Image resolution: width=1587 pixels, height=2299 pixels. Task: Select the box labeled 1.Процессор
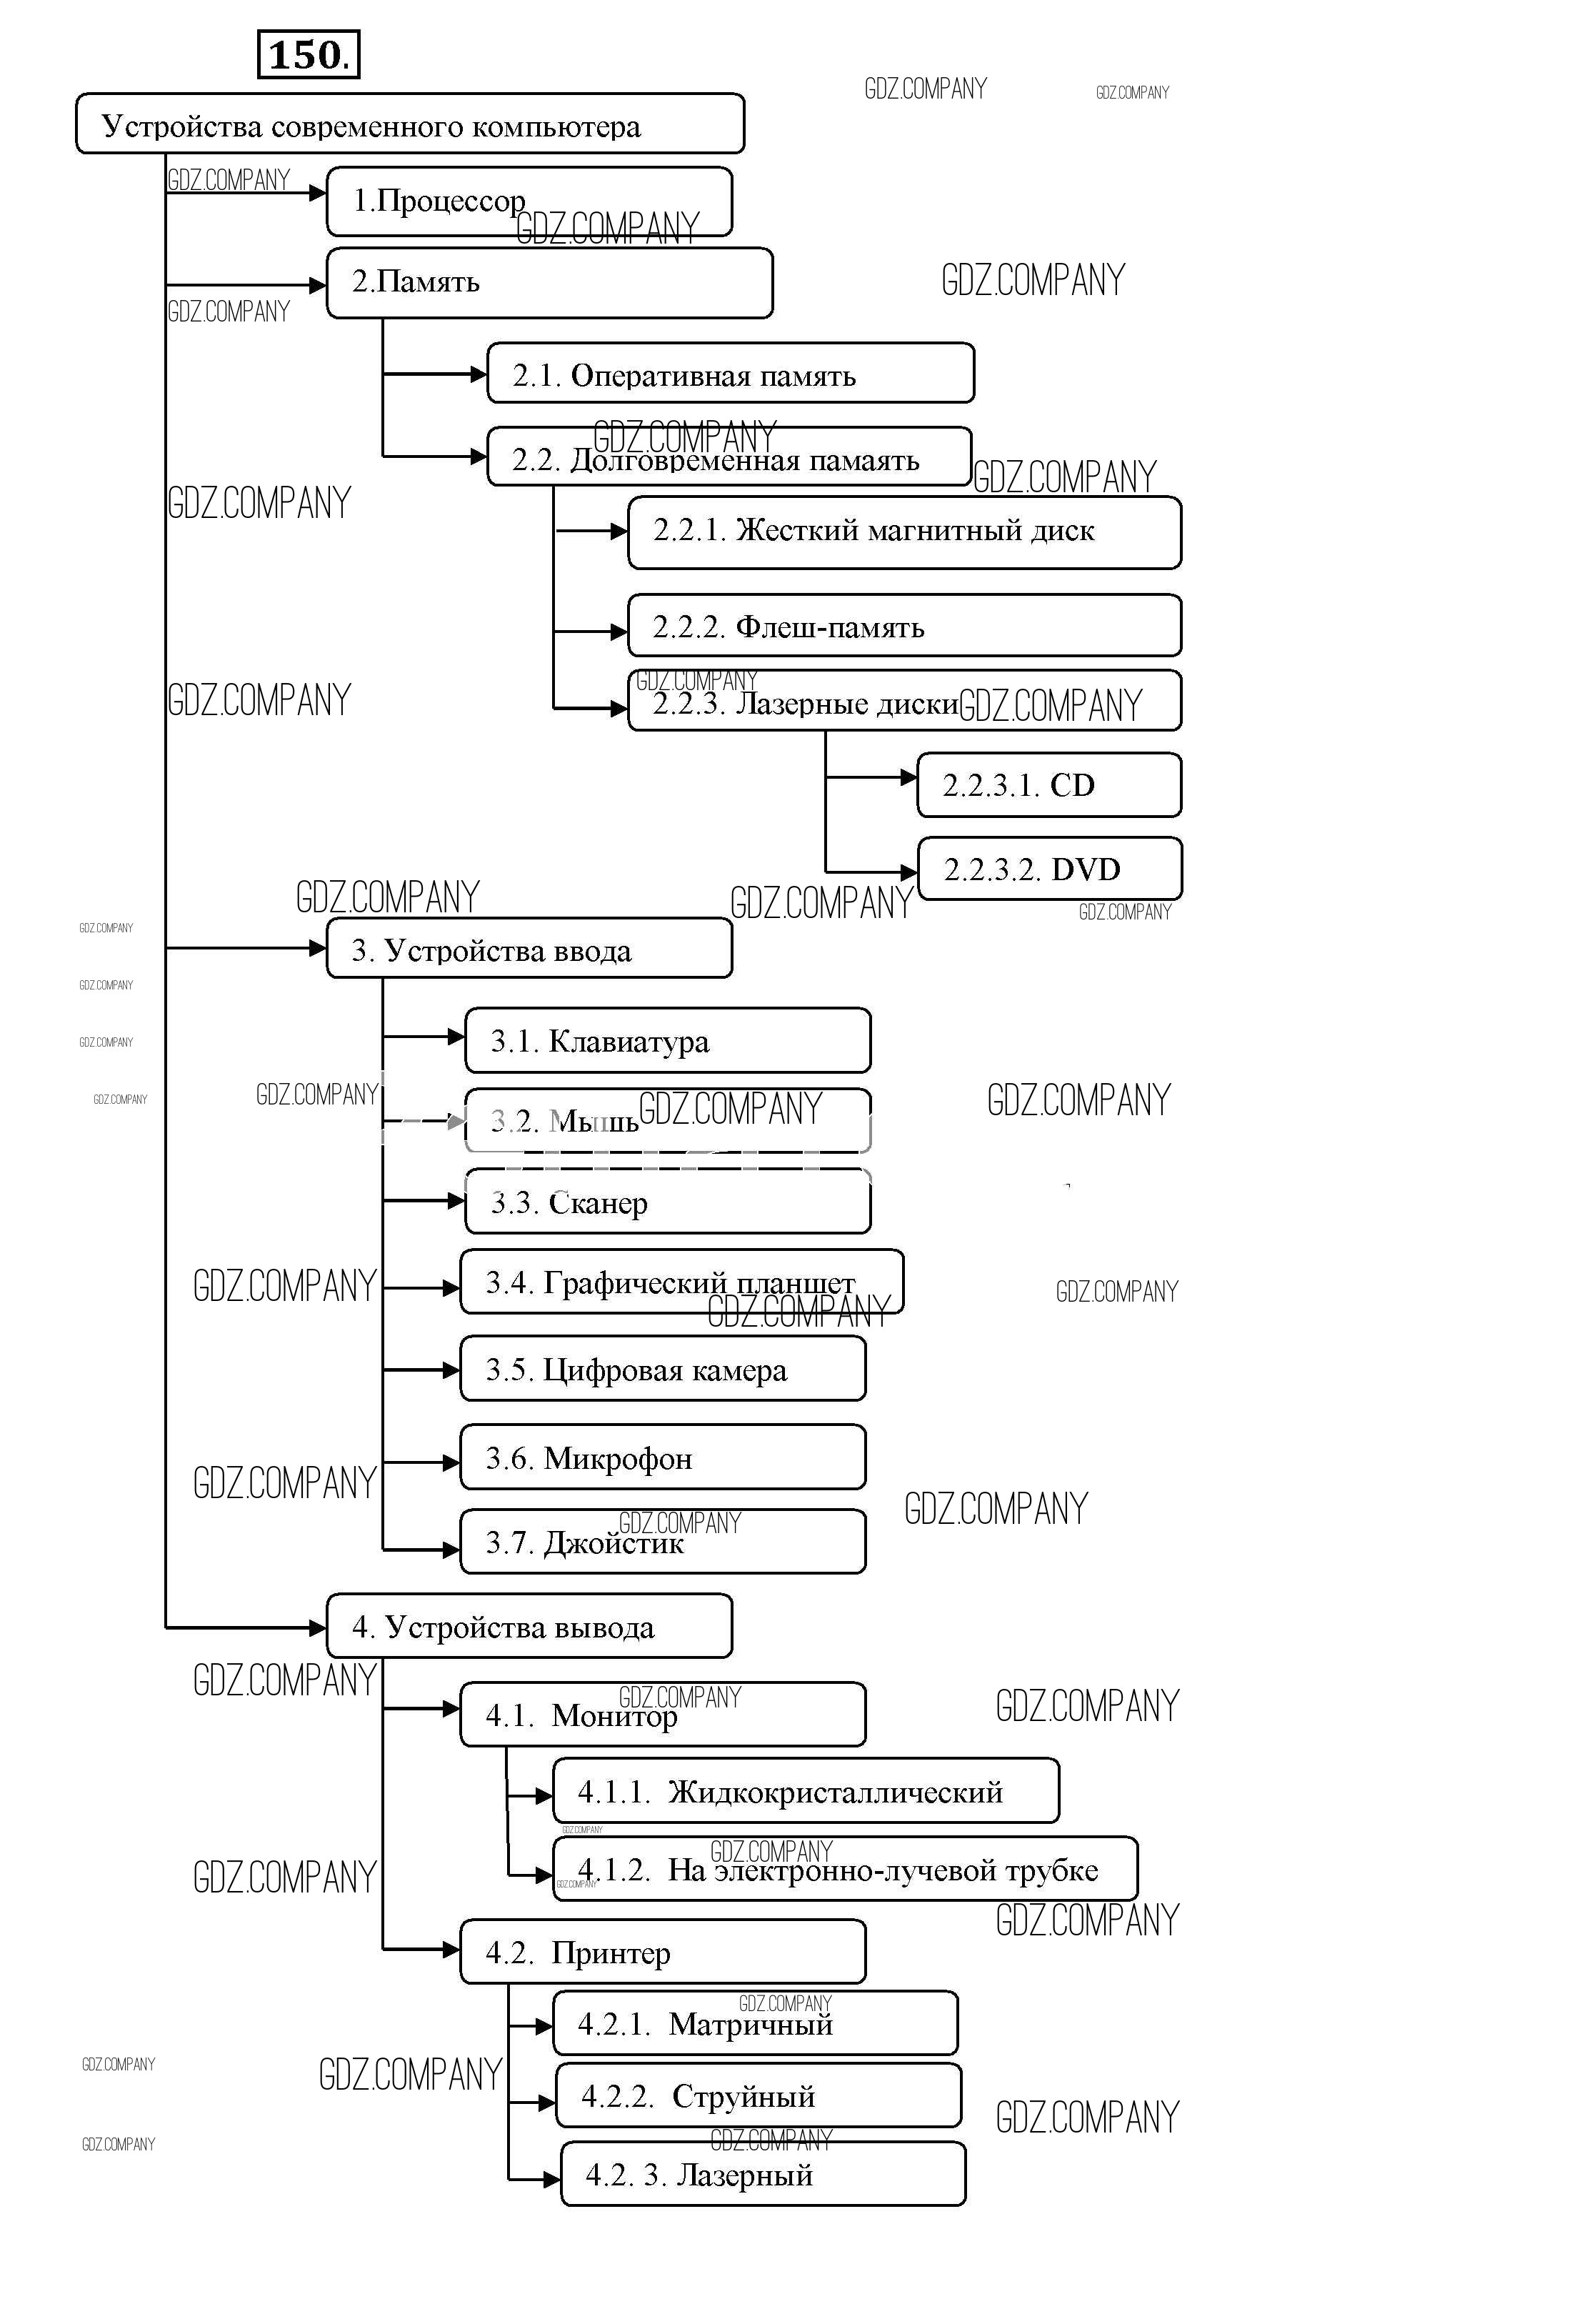529,202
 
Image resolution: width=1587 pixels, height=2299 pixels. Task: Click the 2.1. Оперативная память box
730,374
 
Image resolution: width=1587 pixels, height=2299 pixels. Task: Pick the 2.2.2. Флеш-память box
904,627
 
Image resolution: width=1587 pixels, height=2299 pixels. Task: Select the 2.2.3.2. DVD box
1049,869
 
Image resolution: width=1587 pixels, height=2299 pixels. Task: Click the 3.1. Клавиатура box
667,1041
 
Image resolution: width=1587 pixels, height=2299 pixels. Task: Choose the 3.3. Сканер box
667,1202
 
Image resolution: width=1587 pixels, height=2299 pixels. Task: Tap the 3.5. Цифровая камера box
662,1370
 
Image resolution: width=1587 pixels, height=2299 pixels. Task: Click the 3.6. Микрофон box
662,1457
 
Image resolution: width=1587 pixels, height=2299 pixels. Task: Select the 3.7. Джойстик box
662,1542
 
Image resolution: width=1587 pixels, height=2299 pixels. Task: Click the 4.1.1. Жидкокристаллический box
806,1792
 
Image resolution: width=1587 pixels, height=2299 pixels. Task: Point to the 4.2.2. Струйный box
758,2096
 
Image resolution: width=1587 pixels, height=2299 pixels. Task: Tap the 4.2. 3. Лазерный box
763,2175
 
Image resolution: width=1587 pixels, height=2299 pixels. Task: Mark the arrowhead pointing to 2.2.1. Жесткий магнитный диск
619,531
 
